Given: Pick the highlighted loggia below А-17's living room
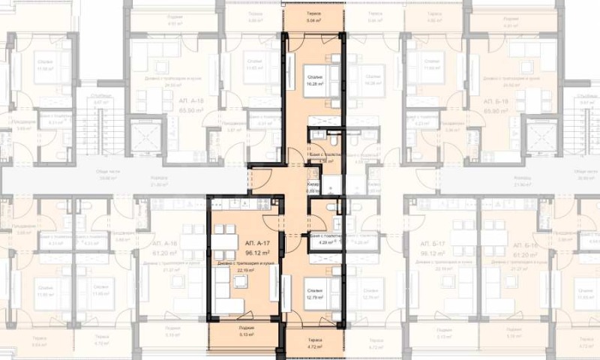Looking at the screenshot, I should [x=247, y=332].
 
